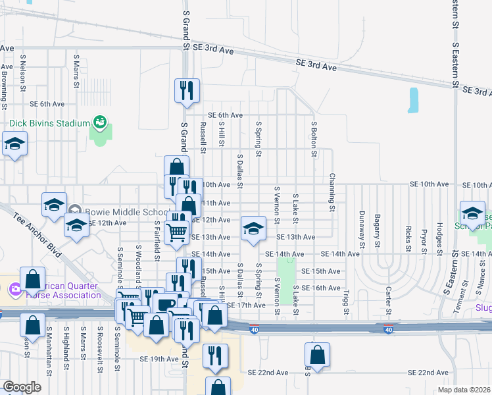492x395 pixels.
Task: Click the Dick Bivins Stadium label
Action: coord(49,123)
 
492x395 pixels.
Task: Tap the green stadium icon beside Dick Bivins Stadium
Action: coord(100,122)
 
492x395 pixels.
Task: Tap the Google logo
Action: coord(22,387)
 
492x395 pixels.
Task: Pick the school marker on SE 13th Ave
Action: coord(253,228)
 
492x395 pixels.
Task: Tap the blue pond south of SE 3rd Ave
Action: coord(414,100)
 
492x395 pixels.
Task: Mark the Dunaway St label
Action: coord(362,227)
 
